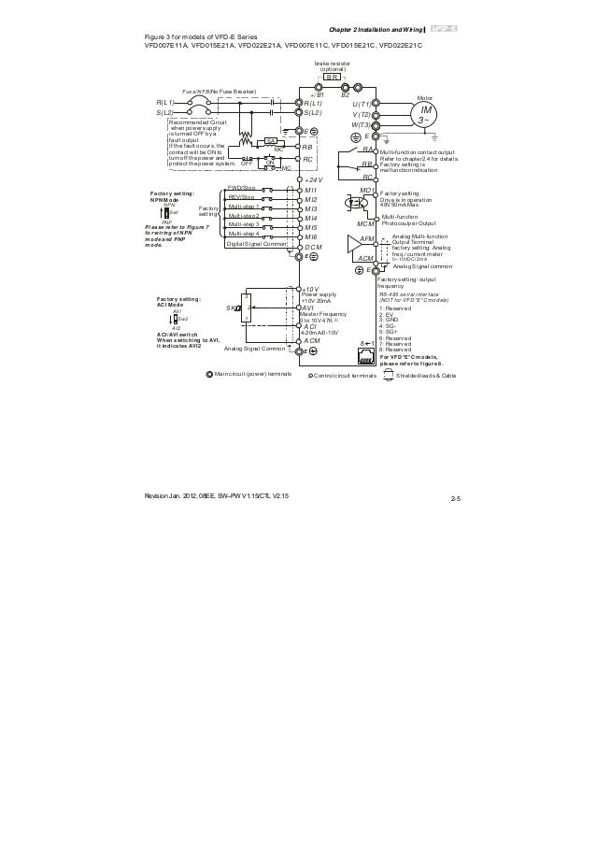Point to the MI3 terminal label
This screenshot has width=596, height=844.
click(x=311, y=208)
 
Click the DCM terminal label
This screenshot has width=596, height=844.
click(x=313, y=247)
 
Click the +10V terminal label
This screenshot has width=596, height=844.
click(x=311, y=291)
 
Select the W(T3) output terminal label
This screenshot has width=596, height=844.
click(x=362, y=124)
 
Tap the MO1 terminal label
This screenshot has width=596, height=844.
click(x=366, y=190)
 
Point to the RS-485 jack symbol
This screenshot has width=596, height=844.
click(x=367, y=365)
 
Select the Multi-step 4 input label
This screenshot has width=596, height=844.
click(x=243, y=234)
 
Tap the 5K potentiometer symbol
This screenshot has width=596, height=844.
click(x=240, y=308)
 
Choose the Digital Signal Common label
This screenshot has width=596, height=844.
click(x=256, y=244)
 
